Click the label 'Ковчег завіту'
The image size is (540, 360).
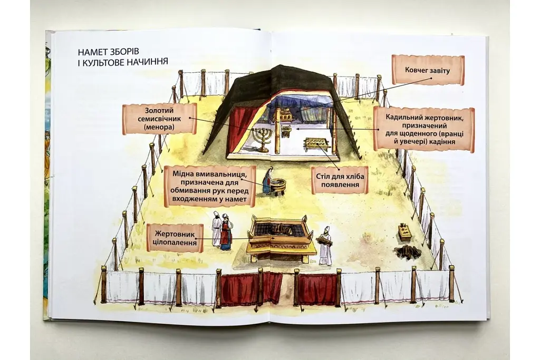click(428, 71)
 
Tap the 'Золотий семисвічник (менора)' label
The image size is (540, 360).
click(160, 119)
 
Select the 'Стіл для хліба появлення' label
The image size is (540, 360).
click(340, 180)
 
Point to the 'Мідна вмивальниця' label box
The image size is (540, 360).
click(210, 186)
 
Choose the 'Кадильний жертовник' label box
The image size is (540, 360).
click(424, 129)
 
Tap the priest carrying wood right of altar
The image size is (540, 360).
click(325, 246)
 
